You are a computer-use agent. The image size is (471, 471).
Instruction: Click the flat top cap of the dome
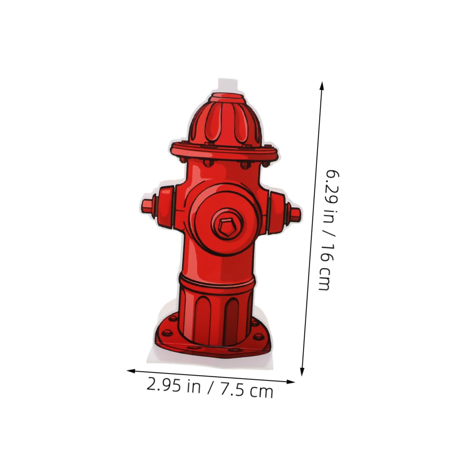coord(228,97)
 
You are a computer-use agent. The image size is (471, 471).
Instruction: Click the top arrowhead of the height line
coord(322,86)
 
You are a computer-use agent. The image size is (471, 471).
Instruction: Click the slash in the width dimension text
coord(211,388)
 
